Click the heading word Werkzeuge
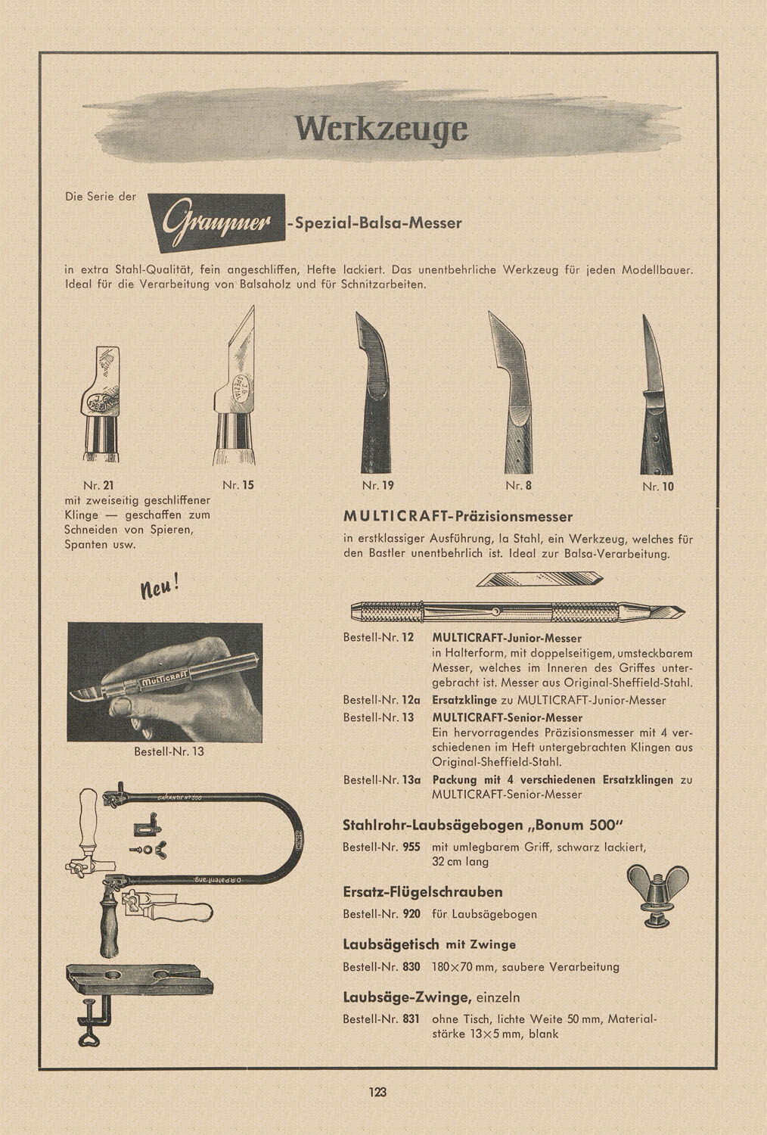381,129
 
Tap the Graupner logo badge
216,222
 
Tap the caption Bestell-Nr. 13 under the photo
169,751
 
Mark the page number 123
378,1092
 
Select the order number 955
411,847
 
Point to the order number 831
411,1018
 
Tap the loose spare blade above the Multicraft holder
539,580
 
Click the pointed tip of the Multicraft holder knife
679,610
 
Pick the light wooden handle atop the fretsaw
89,810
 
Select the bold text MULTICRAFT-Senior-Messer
508,717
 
